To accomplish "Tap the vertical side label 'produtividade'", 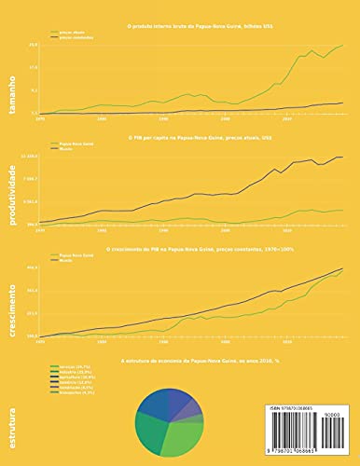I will [11, 186].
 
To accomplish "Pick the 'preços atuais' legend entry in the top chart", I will [69, 32].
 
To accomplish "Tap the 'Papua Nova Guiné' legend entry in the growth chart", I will [74, 254].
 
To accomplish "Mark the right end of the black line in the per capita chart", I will [343, 158].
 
